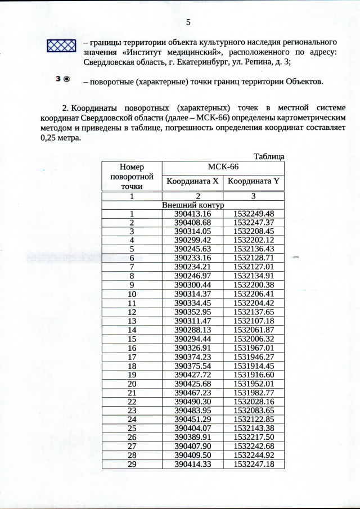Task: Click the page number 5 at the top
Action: pyautogui.click(x=188, y=22)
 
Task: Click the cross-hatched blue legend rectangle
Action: pyautogui.click(x=61, y=46)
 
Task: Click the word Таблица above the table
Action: pyautogui.click(x=269, y=156)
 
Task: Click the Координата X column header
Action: pyautogui.click(x=192, y=181)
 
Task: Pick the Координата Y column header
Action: pyautogui.click(x=253, y=181)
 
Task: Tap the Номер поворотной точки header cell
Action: pyautogui.click(x=132, y=177)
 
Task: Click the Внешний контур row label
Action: pyautogui.click(x=192, y=205)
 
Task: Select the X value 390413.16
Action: pyautogui.click(x=192, y=214)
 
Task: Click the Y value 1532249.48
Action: pyautogui.click(x=253, y=214)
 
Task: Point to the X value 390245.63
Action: pyautogui.click(x=192, y=249)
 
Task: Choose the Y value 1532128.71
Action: pyautogui.click(x=253, y=258)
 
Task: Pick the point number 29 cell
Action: pyautogui.click(x=132, y=463)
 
